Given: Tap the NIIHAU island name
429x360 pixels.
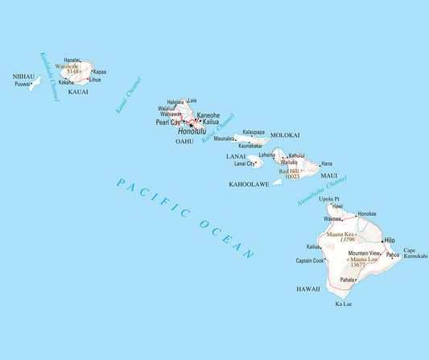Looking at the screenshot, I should click(x=24, y=77).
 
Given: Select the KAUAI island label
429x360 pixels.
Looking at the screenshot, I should click(x=78, y=92).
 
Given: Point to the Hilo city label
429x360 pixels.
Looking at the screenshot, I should click(x=389, y=240).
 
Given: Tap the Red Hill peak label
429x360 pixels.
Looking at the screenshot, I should click(x=288, y=171).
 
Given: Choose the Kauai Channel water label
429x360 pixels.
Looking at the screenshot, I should click(x=128, y=95).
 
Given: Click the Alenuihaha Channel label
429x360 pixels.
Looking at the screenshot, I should click(x=322, y=192).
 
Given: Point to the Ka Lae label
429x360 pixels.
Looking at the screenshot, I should click(x=343, y=304).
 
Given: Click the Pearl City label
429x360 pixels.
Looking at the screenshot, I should click(x=168, y=123).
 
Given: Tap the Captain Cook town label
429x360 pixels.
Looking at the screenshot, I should click(x=310, y=261).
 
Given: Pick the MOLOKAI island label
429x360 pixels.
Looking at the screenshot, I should click(x=284, y=135).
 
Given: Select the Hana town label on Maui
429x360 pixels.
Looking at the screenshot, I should click(x=326, y=163).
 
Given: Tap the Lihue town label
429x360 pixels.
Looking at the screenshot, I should click(x=95, y=80).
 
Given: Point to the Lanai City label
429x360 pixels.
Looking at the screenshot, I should click(x=245, y=163).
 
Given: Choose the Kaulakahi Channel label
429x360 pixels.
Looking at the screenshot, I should click(x=48, y=76).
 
